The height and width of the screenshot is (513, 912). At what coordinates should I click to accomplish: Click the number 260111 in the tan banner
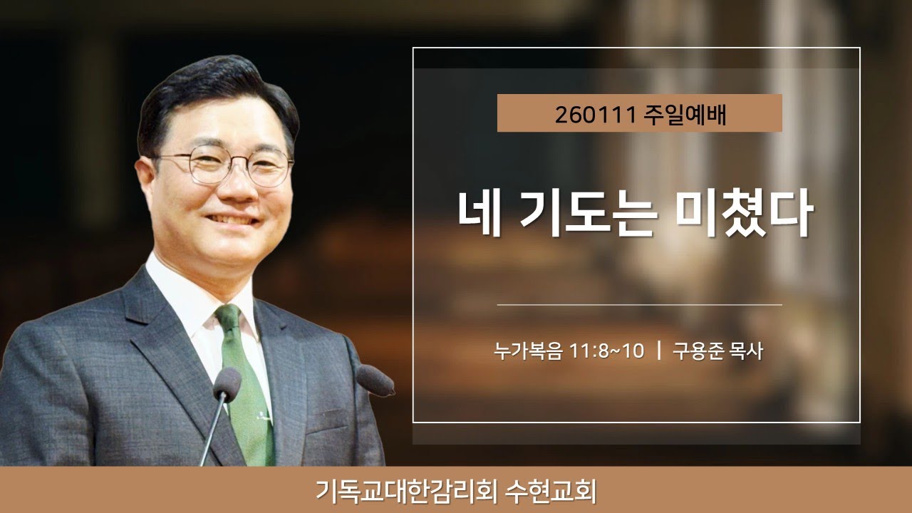(x=595, y=114)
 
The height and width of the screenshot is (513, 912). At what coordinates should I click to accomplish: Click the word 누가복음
(x=528, y=351)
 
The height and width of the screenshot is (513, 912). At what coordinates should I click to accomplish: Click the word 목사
(x=746, y=351)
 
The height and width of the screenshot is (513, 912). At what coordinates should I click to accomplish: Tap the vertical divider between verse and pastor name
(x=659, y=351)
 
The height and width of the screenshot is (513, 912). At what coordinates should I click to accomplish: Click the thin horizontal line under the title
(x=639, y=304)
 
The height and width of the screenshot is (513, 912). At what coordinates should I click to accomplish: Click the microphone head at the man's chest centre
(x=227, y=383)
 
